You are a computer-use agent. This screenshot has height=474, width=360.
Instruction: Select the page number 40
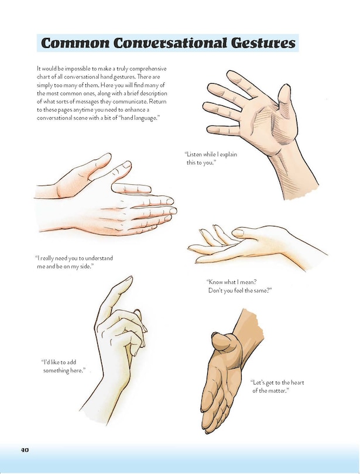click(25, 449)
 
